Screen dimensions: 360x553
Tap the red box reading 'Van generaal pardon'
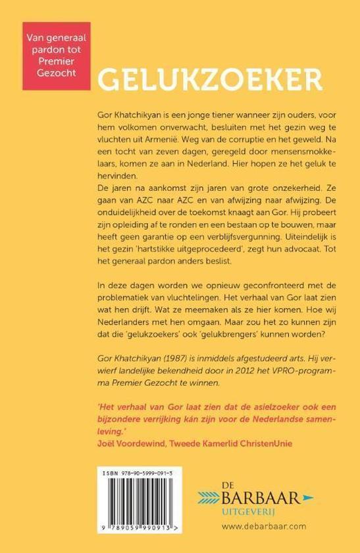(x=56, y=56)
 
